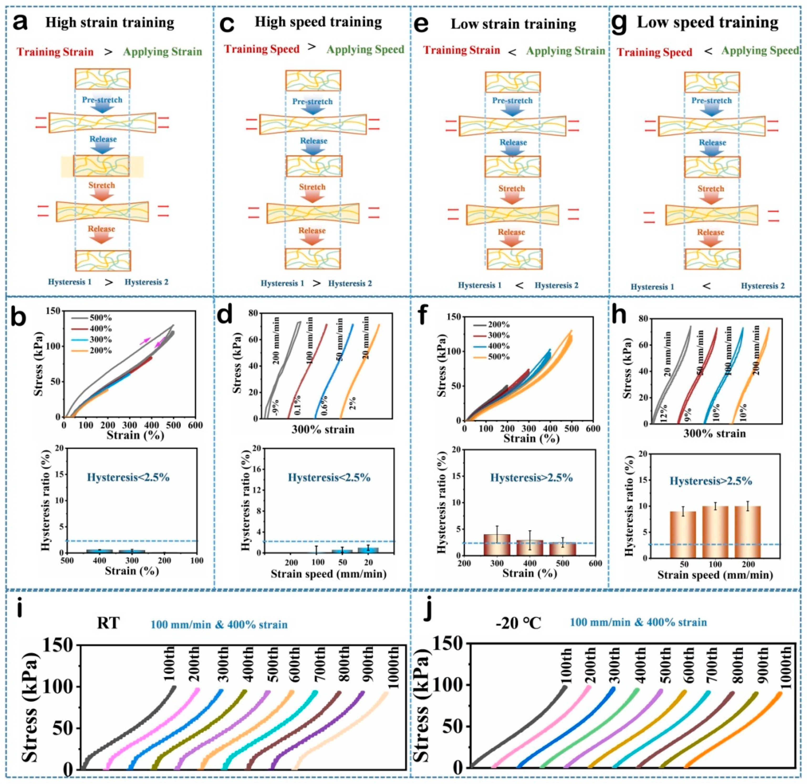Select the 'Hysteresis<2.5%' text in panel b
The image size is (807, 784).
point(128,477)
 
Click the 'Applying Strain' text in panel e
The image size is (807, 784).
point(566,51)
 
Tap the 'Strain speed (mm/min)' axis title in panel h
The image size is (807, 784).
point(715,575)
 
